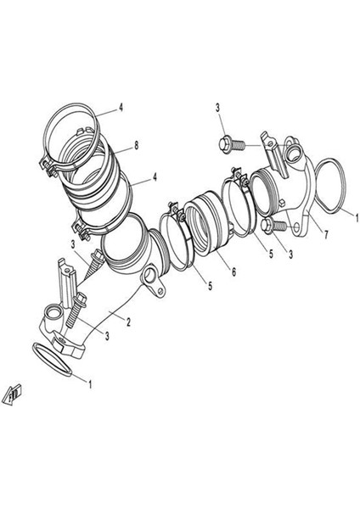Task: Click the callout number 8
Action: pos(136,145)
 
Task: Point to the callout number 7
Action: pos(326,234)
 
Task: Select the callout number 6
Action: pos(233,271)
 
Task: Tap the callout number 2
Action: pos(129,322)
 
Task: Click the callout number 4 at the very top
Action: pos(121,107)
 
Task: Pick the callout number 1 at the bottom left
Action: pos(90,384)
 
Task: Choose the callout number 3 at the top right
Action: pos(217,108)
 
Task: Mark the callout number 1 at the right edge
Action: pos(357,217)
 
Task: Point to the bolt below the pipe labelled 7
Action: pos(273,225)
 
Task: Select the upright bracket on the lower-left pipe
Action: pos(67,282)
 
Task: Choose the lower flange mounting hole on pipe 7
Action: pos(297,227)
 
